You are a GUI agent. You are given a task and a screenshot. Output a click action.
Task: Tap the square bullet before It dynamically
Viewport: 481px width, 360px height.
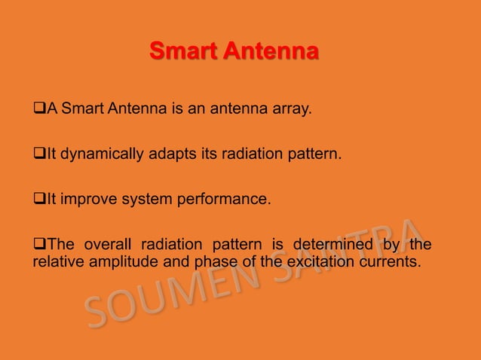pyautogui.click(x=39, y=156)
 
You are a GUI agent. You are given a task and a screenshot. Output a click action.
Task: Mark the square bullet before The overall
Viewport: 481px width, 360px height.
pyautogui.click(x=39, y=246)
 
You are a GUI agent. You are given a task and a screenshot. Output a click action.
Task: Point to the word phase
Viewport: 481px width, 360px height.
pyautogui.click(x=214, y=261)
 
